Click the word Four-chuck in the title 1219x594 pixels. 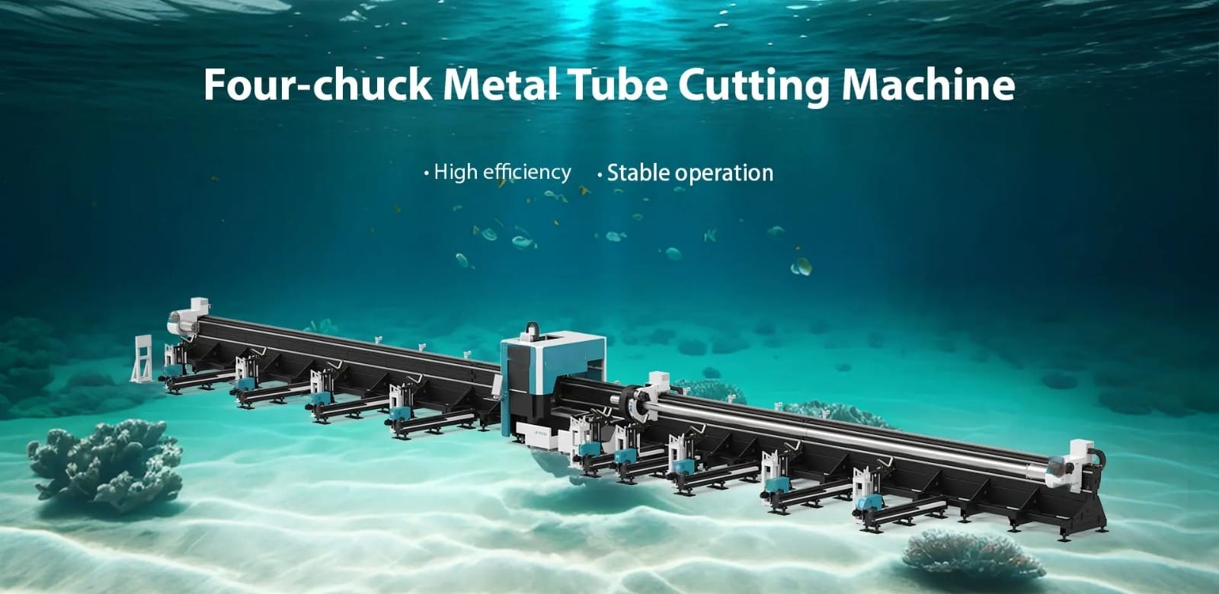[318, 85]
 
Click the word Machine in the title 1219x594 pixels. [929, 85]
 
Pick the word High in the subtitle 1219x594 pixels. [456, 172]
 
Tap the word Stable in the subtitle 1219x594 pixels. [638, 173]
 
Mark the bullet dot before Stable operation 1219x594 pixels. [600, 174]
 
